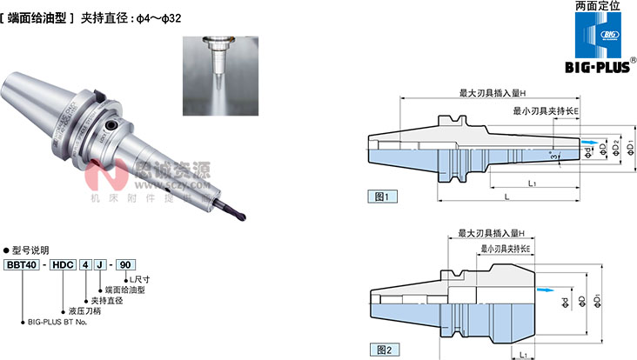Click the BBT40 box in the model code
[20, 265]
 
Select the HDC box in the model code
[64, 265]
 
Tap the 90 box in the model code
[125, 265]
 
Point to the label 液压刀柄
[84, 310]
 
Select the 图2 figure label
[385, 350]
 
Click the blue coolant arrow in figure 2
[544, 290]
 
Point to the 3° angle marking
[553, 156]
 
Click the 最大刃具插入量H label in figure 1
[493, 94]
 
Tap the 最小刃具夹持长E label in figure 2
[506, 250]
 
